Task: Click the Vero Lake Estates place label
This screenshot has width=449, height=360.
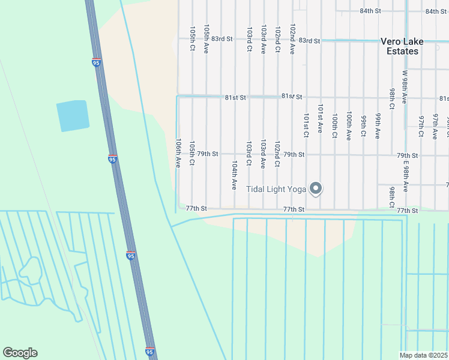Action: (x=399, y=46)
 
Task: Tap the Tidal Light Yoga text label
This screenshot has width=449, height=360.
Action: (x=276, y=190)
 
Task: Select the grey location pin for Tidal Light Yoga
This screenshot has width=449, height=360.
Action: (x=316, y=189)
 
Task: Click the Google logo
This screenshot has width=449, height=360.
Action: (x=20, y=353)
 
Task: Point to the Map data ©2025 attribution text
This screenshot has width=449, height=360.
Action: (x=423, y=355)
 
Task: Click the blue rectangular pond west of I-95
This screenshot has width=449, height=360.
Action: (x=73, y=116)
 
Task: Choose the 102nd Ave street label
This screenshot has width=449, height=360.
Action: (x=292, y=39)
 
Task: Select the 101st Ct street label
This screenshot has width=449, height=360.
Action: (x=306, y=125)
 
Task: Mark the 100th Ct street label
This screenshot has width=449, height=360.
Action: (x=334, y=125)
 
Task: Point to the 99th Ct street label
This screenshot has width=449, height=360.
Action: (x=363, y=125)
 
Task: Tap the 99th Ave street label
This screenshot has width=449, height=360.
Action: (x=378, y=125)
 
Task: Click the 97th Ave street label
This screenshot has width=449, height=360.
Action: (x=435, y=125)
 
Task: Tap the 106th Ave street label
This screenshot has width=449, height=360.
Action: (x=178, y=153)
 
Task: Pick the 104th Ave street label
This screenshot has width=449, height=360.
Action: (x=235, y=175)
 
